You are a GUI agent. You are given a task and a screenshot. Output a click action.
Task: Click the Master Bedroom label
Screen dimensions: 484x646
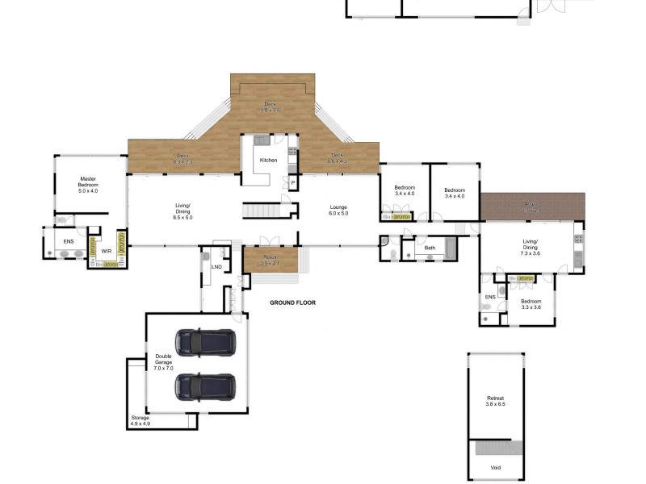pyautogui.click(x=88, y=185)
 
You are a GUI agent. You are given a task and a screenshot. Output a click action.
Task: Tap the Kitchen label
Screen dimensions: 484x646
pyautogui.click(x=268, y=161)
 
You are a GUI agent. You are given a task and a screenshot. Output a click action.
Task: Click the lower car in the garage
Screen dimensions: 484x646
pyautogui.click(x=205, y=386)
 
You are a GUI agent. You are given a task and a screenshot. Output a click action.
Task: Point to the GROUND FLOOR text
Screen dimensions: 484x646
pyautogui.click(x=292, y=303)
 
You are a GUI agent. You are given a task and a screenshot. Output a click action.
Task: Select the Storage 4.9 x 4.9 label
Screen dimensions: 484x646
pyautogui.click(x=141, y=420)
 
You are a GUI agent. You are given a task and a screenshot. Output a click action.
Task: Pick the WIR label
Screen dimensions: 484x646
pyautogui.click(x=106, y=251)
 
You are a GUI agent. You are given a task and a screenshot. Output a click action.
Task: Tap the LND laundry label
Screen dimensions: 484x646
pyautogui.click(x=216, y=266)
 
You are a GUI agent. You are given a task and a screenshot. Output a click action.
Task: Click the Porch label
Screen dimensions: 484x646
pyautogui.click(x=270, y=260)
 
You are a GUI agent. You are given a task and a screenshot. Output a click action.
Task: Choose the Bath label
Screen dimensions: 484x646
pyautogui.click(x=430, y=248)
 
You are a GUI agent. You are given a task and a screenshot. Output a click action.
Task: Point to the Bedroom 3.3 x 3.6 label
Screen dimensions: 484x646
pyautogui.click(x=531, y=304)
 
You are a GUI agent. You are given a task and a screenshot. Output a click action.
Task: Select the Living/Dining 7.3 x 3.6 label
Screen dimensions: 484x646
pyautogui.click(x=531, y=247)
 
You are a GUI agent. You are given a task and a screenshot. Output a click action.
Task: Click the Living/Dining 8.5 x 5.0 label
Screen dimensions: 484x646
pyautogui.click(x=182, y=212)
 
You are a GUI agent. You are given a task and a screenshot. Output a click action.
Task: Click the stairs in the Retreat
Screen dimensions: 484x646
pyautogui.click(x=495, y=448)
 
